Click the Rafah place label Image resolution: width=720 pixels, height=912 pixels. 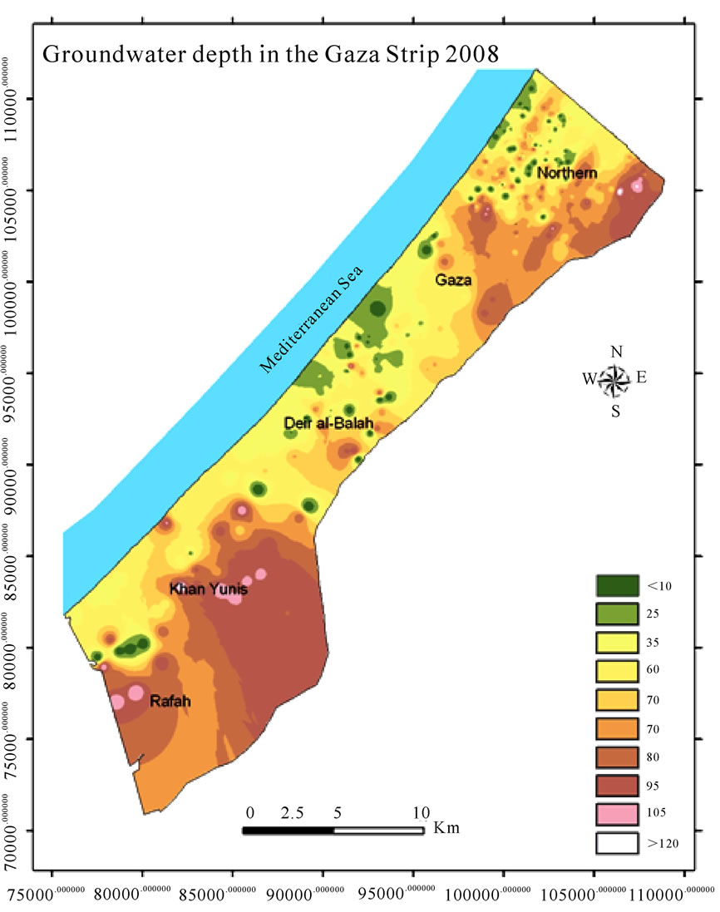[x=170, y=702]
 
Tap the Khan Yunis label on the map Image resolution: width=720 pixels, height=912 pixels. [x=209, y=589]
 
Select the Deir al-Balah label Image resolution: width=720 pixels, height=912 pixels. [x=328, y=424]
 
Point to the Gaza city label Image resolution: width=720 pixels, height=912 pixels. [x=454, y=280]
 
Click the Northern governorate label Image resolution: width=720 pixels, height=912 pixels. [x=567, y=173]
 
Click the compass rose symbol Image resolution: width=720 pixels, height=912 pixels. [x=615, y=380]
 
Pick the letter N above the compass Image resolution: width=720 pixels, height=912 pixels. [x=616, y=352]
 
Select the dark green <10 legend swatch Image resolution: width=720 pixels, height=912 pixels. [x=617, y=585]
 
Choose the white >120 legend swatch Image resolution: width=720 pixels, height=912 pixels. [x=617, y=842]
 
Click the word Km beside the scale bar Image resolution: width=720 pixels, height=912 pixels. [x=446, y=829]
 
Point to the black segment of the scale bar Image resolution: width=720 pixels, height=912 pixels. [x=288, y=830]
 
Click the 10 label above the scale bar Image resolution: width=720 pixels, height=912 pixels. [x=421, y=812]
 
